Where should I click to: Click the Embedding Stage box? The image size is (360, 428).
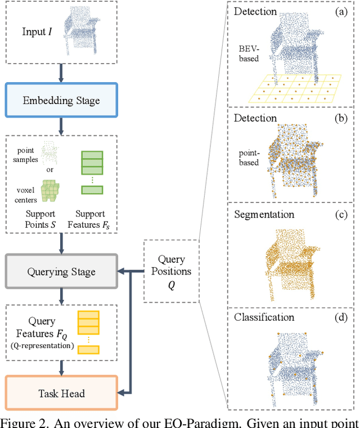(x=61, y=101)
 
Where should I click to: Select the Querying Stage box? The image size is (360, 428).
(x=61, y=272)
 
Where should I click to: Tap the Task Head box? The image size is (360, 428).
(x=61, y=392)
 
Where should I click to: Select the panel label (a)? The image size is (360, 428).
(x=341, y=12)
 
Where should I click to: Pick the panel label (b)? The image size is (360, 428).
(x=341, y=119)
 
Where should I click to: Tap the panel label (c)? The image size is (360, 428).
(x=341, y=215)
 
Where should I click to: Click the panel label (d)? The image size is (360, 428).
(x=341, y=317)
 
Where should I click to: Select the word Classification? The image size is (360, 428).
(x=264, y=317)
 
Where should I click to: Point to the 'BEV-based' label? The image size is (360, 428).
(x=248, y=53)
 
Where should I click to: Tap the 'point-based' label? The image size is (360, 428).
(x=248, y=157)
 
